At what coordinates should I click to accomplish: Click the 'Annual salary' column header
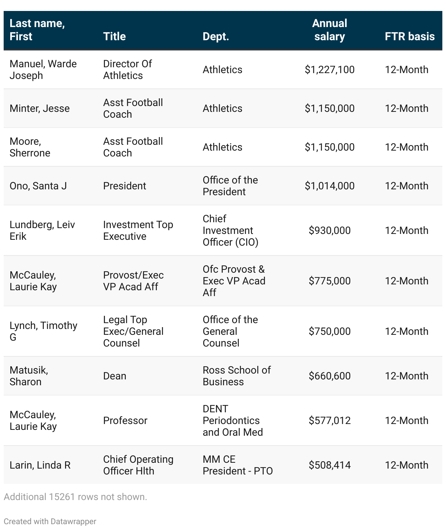pyautogui.click(x=329, y=30)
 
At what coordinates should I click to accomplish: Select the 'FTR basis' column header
pyautogui.click(x=409, y=37)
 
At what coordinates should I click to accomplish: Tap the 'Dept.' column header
pyautogui.click(x=216, y=37)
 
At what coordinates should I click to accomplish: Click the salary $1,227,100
pyautogui.click(x=329, y=69)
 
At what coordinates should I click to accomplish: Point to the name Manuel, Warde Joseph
pyautogui.click(x=43, y=69)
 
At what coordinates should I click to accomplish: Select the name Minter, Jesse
pyautogui.click(x=39, y=108)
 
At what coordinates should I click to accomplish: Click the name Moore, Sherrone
pyautogui.click(x=30, y=147)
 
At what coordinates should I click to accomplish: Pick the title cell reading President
pyautogui.click(x=124, y=186)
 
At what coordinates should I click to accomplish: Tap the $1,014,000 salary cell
pyautogui.click(x=329, y=186)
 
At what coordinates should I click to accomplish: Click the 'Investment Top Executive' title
pyautogui.click(x=138, y=230)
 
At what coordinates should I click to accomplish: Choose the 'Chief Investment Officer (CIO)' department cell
pyautogui.click(x=230, y=230)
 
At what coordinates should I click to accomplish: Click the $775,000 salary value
pyautogui.click(x=329, y=281)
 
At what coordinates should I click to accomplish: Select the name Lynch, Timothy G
pyautogui.click(x=43, y=331)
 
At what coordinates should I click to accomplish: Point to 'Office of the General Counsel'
pyautogui.click(x=230, y=331)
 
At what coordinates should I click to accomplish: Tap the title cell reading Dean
pyautogui.click(x=114, y=376)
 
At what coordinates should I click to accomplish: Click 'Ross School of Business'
pyautogui.click(x=237, y=376)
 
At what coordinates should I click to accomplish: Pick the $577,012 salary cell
pyautogui.click(x=329, y=420)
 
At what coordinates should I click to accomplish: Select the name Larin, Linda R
pyautogui.click(x=40, y=465)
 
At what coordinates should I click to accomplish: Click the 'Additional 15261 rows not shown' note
pyautogui.click(x=75, y=497)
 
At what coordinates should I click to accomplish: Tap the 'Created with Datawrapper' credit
pyautogui.click(x=50, y=521)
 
